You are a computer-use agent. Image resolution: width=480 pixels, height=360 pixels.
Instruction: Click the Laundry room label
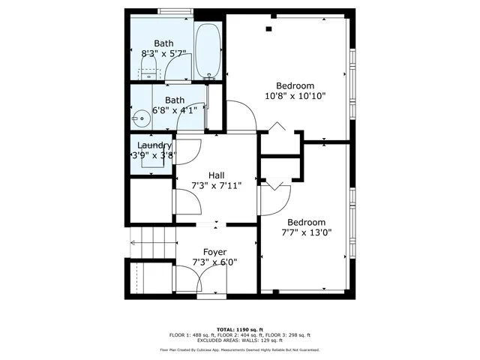click(154, 145)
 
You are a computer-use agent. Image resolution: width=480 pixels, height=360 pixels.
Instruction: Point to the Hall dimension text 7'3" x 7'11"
click(215, 185)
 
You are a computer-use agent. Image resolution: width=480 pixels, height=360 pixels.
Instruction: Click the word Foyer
click(215, 251)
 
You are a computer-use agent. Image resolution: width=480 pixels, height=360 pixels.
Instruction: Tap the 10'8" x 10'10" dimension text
click(295, 95)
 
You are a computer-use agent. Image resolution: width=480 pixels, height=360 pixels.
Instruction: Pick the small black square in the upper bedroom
click(268, 29)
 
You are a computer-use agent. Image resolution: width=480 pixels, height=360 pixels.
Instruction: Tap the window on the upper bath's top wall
click(175, 11)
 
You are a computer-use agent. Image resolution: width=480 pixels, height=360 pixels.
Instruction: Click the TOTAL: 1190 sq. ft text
click(240, 329)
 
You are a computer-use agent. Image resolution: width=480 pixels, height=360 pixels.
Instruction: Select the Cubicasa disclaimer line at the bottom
click(240, 349)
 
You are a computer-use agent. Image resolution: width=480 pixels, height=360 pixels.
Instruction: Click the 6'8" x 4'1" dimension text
click(175, 110)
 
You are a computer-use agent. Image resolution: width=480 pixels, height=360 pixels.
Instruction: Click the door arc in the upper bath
click(177, 68)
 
